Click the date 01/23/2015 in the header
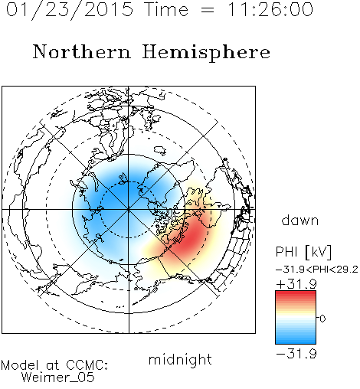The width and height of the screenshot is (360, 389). [70, 10]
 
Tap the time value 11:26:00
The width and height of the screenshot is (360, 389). [270, 9]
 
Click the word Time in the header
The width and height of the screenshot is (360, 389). [166, 9]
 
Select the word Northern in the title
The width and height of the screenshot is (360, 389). [82, 51]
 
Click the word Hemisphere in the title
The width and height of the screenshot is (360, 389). [206, 53]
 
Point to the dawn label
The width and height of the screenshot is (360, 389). [300, 221]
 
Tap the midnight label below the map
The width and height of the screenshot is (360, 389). [180, 360]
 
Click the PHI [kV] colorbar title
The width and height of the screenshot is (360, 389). [303, 252]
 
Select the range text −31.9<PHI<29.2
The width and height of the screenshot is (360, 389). [317, 270]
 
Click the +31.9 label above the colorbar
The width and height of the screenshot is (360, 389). [296, 284]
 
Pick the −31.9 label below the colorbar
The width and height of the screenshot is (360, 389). [296, 354]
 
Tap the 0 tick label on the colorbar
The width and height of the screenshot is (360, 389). [322, 319]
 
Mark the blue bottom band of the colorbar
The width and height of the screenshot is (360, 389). [296, 340]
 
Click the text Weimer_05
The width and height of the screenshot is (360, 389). [58, 378]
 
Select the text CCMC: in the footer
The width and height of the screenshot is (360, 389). [87, 365]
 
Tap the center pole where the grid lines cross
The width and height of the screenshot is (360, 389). [129, 209]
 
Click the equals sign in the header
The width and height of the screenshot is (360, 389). [208, 10]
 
